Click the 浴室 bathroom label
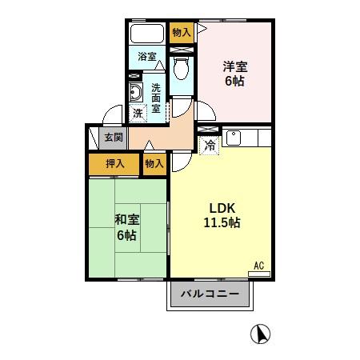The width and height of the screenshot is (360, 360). click(146, 57)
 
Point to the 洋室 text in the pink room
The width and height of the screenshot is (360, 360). click(234, 67)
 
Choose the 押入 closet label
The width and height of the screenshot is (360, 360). click(115, 163)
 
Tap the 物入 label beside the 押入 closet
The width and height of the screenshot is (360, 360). click(154, 163)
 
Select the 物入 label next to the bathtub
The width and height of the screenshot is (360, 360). click(182, 32)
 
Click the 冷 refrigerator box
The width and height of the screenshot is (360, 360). click(209, 146)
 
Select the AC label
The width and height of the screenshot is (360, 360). click(258, 266)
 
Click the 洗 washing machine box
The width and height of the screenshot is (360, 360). click(139, 114)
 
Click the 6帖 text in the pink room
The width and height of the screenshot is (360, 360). click(234, 82)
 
